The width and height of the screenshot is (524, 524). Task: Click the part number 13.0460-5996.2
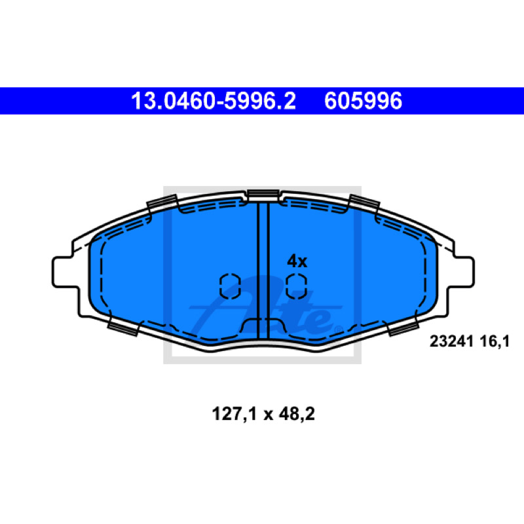pyautogui.click(x=214, y=101)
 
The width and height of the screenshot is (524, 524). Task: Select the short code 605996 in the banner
pyautogui.click(x=363, y=101)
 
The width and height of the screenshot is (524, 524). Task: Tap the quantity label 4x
pyautogui.click(x=297, y=261)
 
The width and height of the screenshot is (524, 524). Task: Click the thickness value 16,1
pyautogui.click(x=495, y=341)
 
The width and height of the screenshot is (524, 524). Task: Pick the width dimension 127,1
pyautogui.click(x=234, y=414)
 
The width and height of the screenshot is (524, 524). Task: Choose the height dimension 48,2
pyautogui.click(x=297, y=414)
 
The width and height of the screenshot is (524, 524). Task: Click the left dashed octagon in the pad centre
pyautogui.click(x=231, y=286)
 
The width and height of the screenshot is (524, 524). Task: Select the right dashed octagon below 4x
pyautogui.click(x=297, y=286)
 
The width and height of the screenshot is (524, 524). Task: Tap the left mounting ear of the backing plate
pyautogui.click(x=65, y=272)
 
